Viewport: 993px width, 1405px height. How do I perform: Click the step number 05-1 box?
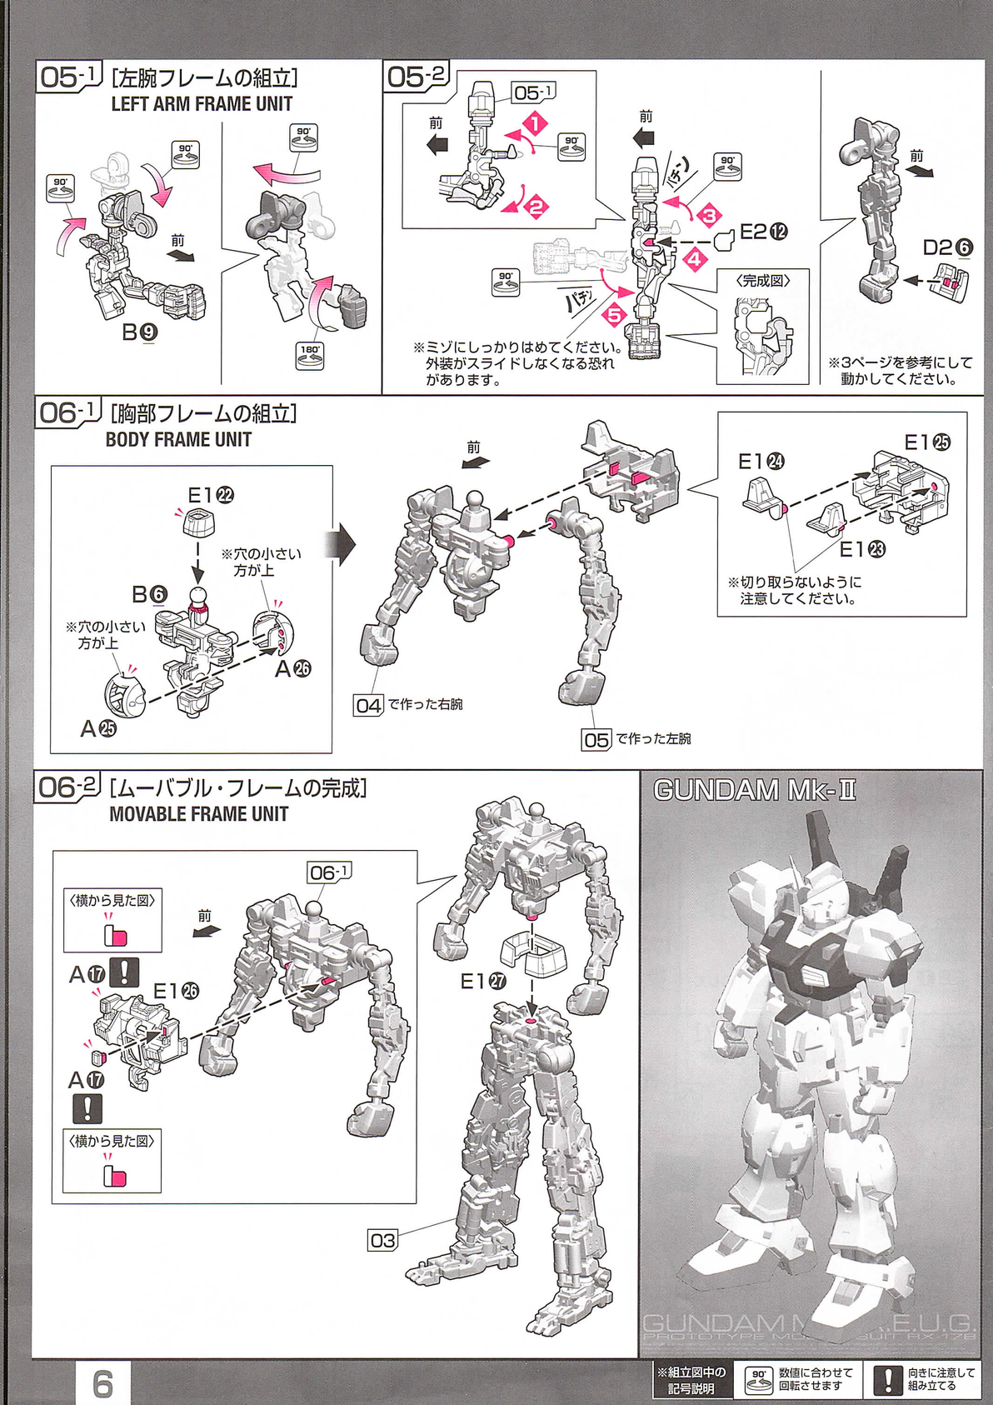[x=67, y=77]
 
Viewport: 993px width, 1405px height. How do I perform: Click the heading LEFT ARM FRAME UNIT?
[x=202, y=104]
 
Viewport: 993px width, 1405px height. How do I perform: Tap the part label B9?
[x=139, y=332]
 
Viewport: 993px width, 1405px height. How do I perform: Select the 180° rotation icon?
[x=310, y=356]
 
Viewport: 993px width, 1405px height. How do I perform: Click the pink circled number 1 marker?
[x=535, y=123]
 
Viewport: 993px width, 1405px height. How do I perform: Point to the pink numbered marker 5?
[x=614, y=315]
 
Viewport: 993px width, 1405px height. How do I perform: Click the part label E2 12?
[x=763, y=232]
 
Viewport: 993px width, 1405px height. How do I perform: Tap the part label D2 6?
[x=947, y=247]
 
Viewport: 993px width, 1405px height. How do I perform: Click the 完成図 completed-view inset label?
[x=762, y=281]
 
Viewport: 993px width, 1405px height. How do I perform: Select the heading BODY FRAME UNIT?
[x=178, y=439]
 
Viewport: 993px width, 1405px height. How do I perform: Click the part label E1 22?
[x=210, y=495]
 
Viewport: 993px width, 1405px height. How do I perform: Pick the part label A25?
[x=98, y=728]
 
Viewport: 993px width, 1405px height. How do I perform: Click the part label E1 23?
[x=861, y=549]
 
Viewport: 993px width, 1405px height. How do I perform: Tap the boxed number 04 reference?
[x=368, y=705]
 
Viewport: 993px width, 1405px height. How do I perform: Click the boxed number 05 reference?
[x=596, y=739]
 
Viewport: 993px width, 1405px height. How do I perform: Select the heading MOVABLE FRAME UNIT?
[x=198, y=814]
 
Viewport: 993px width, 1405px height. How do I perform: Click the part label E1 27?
[x=483, y=982]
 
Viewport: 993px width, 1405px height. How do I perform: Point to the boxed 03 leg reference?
[x=383, y=1240]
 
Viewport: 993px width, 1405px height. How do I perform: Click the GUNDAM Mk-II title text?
[x=754, y=790]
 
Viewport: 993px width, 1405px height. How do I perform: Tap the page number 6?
[x=102, y=1384]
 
